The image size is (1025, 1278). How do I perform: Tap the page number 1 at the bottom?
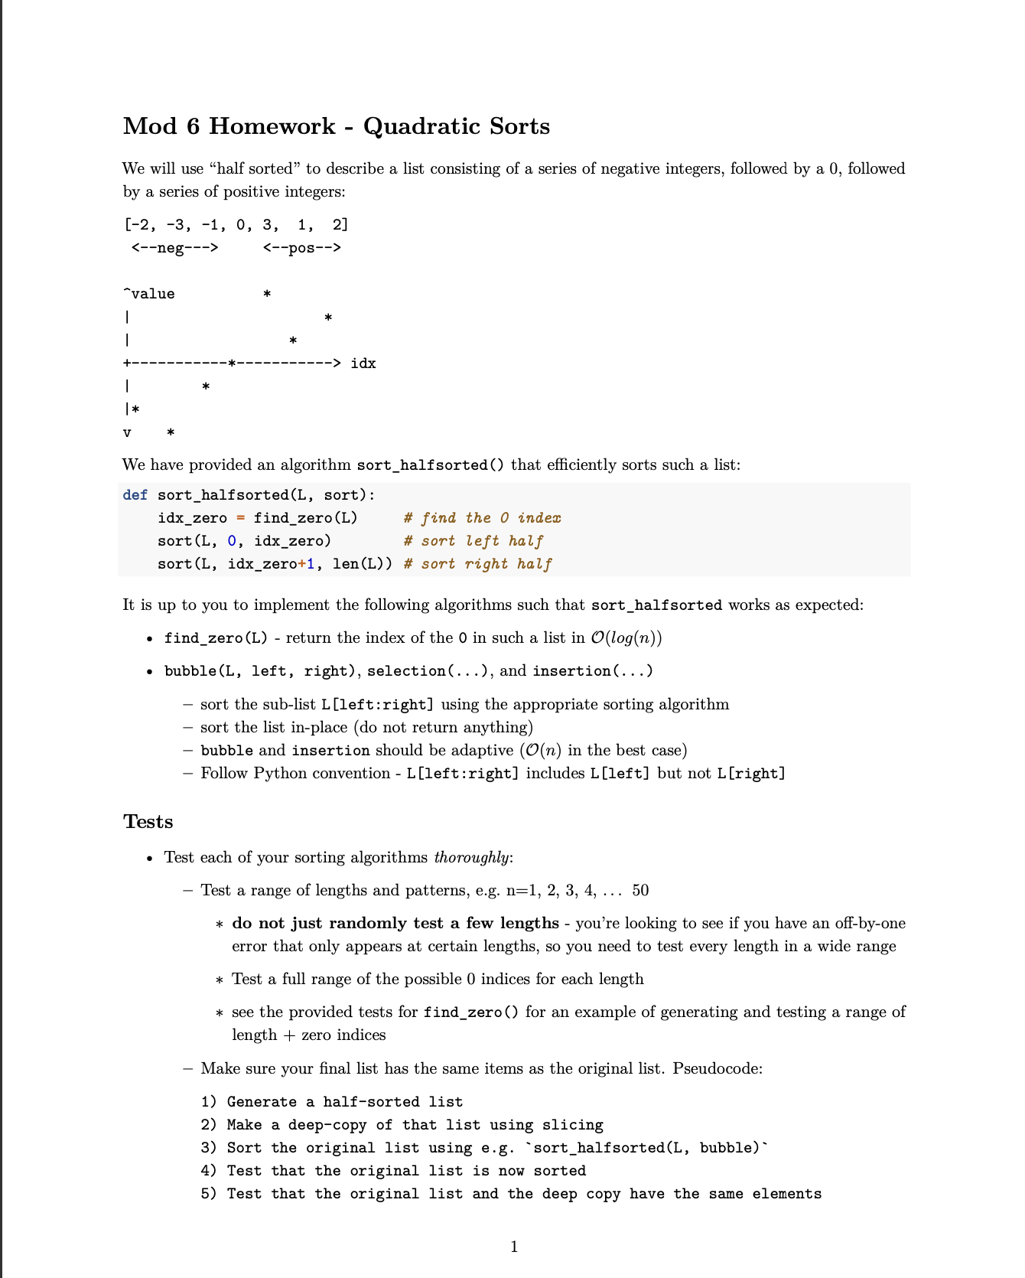click(514, 1247)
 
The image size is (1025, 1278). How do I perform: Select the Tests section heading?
click(148, 822)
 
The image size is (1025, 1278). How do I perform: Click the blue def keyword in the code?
click(135, 495)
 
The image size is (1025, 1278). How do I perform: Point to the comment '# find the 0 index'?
click(482, 518)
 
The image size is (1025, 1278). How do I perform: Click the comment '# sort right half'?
click(477, 564)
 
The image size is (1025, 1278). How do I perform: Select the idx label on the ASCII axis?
click(363, 364)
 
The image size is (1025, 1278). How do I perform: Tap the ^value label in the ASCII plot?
click(149, 294)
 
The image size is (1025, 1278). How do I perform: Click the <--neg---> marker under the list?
click(174, 248)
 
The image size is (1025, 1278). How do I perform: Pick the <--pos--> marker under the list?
click(302, 248)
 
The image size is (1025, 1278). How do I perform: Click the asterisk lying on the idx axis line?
click(232, 364)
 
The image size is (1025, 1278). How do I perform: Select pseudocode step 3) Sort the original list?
click(483, 1148)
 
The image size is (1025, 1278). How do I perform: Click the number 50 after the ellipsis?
click(640, 890)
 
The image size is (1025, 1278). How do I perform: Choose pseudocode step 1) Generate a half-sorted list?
click(332, 1102)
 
